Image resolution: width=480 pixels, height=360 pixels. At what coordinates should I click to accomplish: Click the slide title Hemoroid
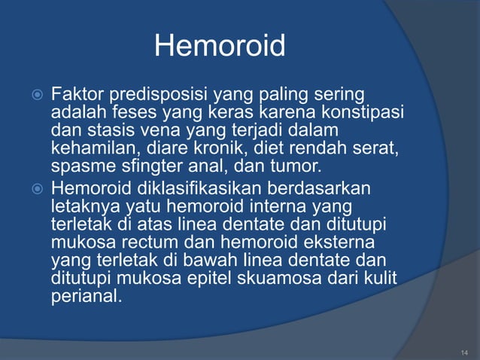(220, 47)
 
